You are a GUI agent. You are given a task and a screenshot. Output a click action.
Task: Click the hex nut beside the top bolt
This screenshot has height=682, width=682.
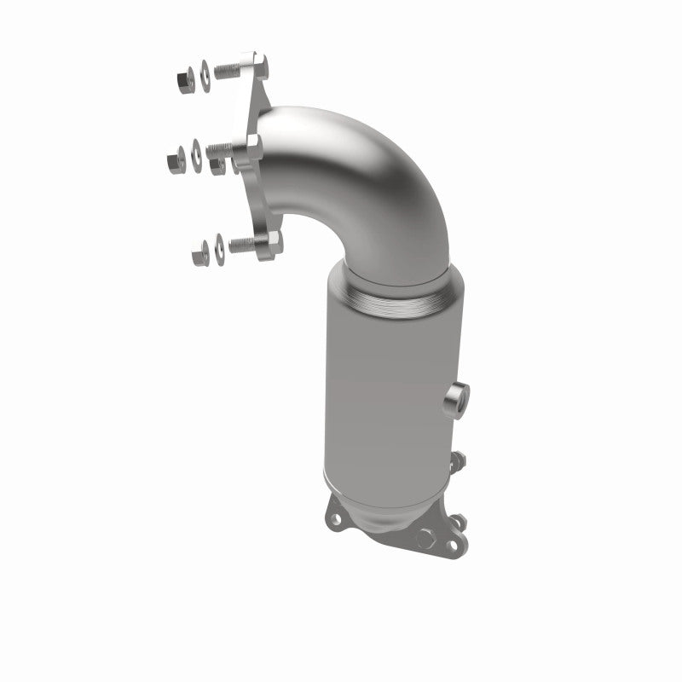click(186, 81)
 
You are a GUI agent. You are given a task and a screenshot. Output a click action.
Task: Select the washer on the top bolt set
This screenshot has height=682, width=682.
click(205, 77)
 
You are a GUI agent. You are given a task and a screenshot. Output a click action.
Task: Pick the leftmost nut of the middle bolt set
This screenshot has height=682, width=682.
click(176, 159)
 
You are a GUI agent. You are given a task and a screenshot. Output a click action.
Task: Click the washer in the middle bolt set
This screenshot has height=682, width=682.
click(196, 156)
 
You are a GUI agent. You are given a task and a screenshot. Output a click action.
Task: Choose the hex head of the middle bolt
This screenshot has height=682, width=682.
click(254, 147)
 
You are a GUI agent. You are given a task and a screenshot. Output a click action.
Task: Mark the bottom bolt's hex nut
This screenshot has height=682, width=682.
click(200, 253)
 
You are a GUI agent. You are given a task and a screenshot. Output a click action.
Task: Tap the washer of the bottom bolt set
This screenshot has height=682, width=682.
click(219, 250)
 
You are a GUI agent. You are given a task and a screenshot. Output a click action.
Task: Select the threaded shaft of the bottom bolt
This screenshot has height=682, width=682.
click(244, 246)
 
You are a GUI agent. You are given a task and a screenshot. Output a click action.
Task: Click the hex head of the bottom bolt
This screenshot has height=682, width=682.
click(273, 242)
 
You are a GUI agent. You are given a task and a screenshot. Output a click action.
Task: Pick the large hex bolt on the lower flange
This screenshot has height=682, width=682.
click(425, 539)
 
